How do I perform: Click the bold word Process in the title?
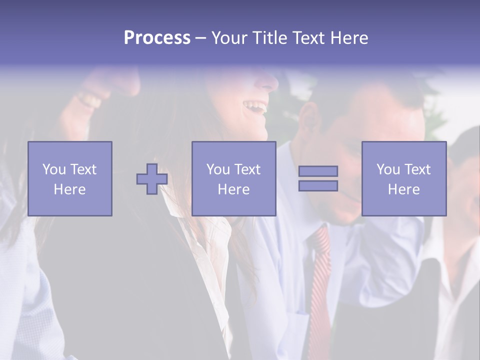pyautogui.click(x=157, y=38)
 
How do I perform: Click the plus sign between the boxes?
pyautogui.click(x=152, y=179)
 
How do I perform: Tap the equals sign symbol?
pyautogui.click(x=318, y=178)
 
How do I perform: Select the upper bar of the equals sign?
pyautogui.click(x=318, y=171)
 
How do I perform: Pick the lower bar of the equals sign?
pyautogui.click(x=318, y=186)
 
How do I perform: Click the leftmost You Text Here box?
pyautogui.click(x=69, y=178)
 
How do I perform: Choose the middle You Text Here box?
pyautogui.click(x=233, y=178)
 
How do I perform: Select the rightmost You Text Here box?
pyautogui.click(x=403, y=178)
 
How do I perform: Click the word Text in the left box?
pyautogui.click(x=83, y=169)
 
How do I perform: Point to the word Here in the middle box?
pyautogui.click(x=233, y=189)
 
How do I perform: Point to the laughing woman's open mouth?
pyautogui.click(x=254, y=106)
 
